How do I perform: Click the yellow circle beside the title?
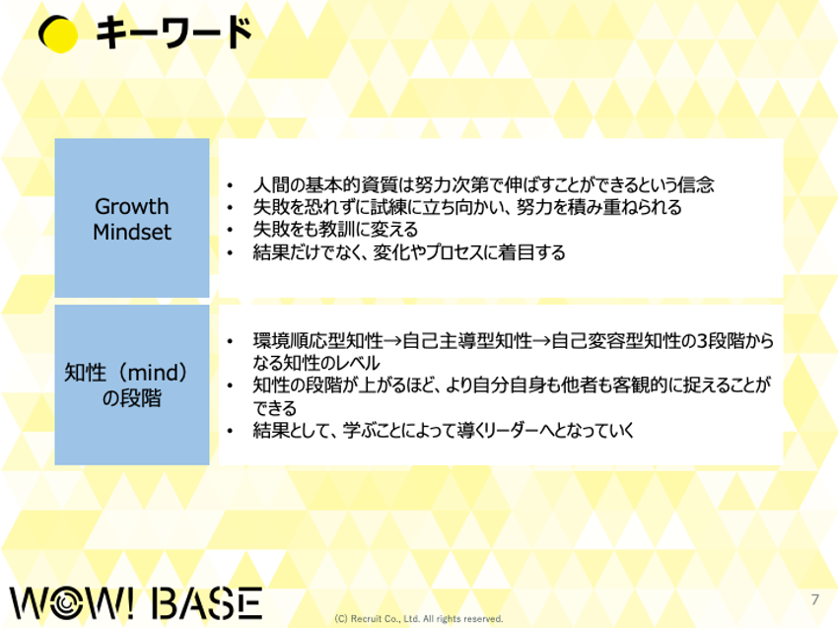point(59,35)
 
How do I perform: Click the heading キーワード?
point(174,33)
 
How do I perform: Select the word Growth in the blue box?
point(131,207)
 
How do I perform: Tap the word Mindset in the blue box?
point(132,232)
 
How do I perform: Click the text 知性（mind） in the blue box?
point(126,373)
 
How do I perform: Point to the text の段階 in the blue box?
point(131,398)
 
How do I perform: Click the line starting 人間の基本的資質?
point(483,185)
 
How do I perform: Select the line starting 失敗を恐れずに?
point(467,207)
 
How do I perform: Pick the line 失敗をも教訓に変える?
point(335,230)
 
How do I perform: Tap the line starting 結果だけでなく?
point(409,252)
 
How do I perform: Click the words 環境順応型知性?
point(318,341)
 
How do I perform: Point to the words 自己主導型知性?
point(467,341)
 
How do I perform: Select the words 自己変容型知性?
point(616,341)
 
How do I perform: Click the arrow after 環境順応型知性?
point(392,341)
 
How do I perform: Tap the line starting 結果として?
point(444,430)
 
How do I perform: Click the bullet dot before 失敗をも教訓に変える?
point(230,231)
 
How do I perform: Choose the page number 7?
point(814,599)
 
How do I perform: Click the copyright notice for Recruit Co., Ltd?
point(418,619)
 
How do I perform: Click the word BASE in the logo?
point(207,603)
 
